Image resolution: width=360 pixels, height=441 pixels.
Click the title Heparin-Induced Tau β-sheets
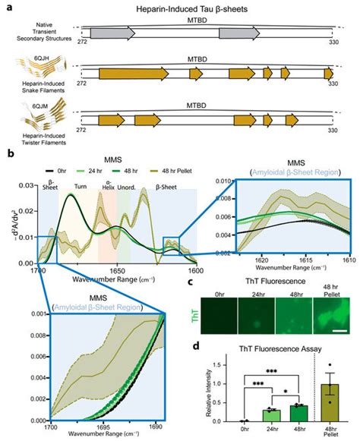(x=201, y=7)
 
